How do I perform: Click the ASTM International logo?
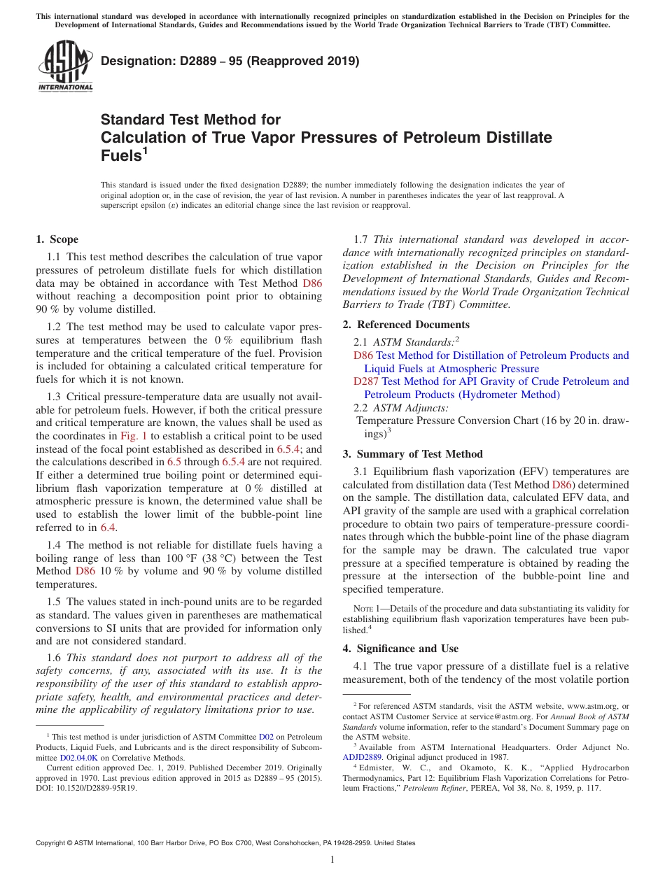[65, 67]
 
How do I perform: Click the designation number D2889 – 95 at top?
[230, 61]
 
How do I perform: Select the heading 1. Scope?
[57, 239]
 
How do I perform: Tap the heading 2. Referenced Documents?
[406, 325]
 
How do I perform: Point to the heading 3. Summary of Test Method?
[413, 454]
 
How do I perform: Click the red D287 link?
[366, 381]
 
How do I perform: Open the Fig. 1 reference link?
[134, 436]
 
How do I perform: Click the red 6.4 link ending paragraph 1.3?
[108, 527]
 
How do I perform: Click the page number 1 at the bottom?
[332, 860]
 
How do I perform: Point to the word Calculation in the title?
[144, 137]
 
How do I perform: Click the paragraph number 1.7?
[362, 239]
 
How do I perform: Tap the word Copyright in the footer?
[54, 843]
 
